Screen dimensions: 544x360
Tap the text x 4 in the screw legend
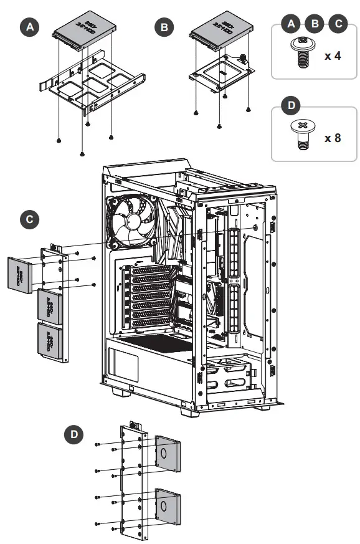pos(333,55)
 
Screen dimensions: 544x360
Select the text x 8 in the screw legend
pos(333,137)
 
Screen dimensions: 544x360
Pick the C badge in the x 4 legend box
pos(338,24)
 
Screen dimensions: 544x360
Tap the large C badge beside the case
pos(28,219)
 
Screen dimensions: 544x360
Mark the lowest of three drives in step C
pos(51,341)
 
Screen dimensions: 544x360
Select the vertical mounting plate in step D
pos(133,480)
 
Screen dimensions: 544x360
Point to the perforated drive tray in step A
pos(93,87)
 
